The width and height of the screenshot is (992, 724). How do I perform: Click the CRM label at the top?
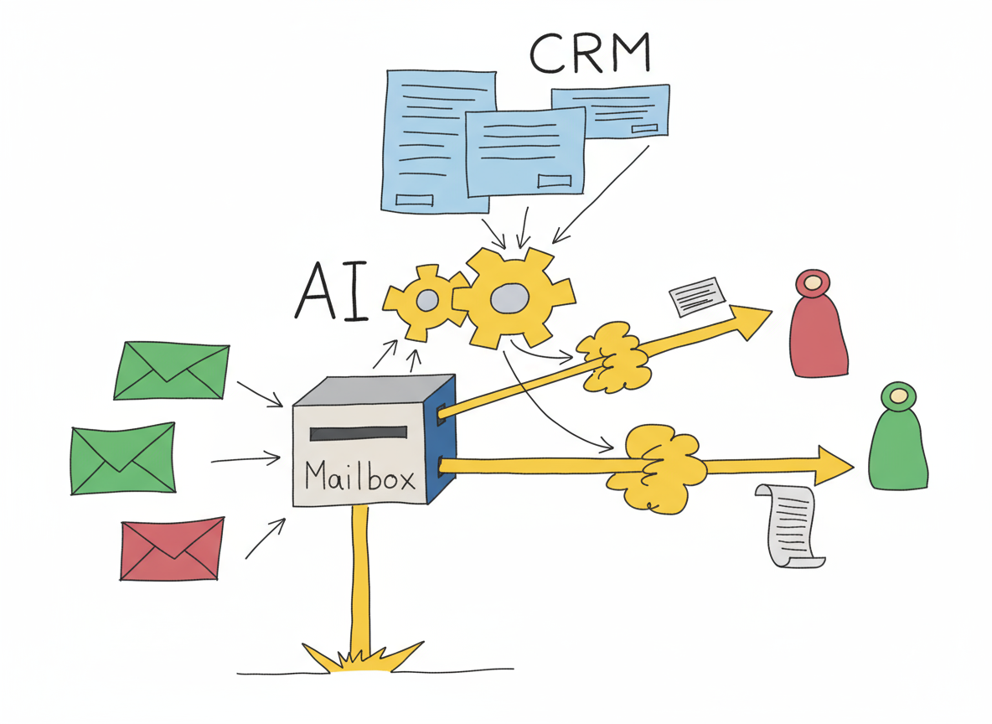(x=590, y=53)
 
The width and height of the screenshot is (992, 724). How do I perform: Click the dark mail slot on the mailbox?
(x=358, y=433)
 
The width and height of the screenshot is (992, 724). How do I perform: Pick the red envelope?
(x=172, y=548)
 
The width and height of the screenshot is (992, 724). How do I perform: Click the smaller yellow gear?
(x=426, y=301)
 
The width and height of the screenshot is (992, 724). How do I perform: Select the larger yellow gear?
(x=514, y=297)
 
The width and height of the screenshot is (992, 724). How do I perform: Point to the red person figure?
(x=818, y=324)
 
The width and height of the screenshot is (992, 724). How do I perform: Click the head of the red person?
(x=813, y=283)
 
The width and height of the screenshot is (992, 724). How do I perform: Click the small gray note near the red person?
(x=696, y=296)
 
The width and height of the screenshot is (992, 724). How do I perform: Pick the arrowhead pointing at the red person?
(x=752, y=318)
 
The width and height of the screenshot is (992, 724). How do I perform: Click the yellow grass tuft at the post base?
(x=361, y=658)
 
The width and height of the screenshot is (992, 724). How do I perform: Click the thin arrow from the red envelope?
(x=266, y=538)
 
